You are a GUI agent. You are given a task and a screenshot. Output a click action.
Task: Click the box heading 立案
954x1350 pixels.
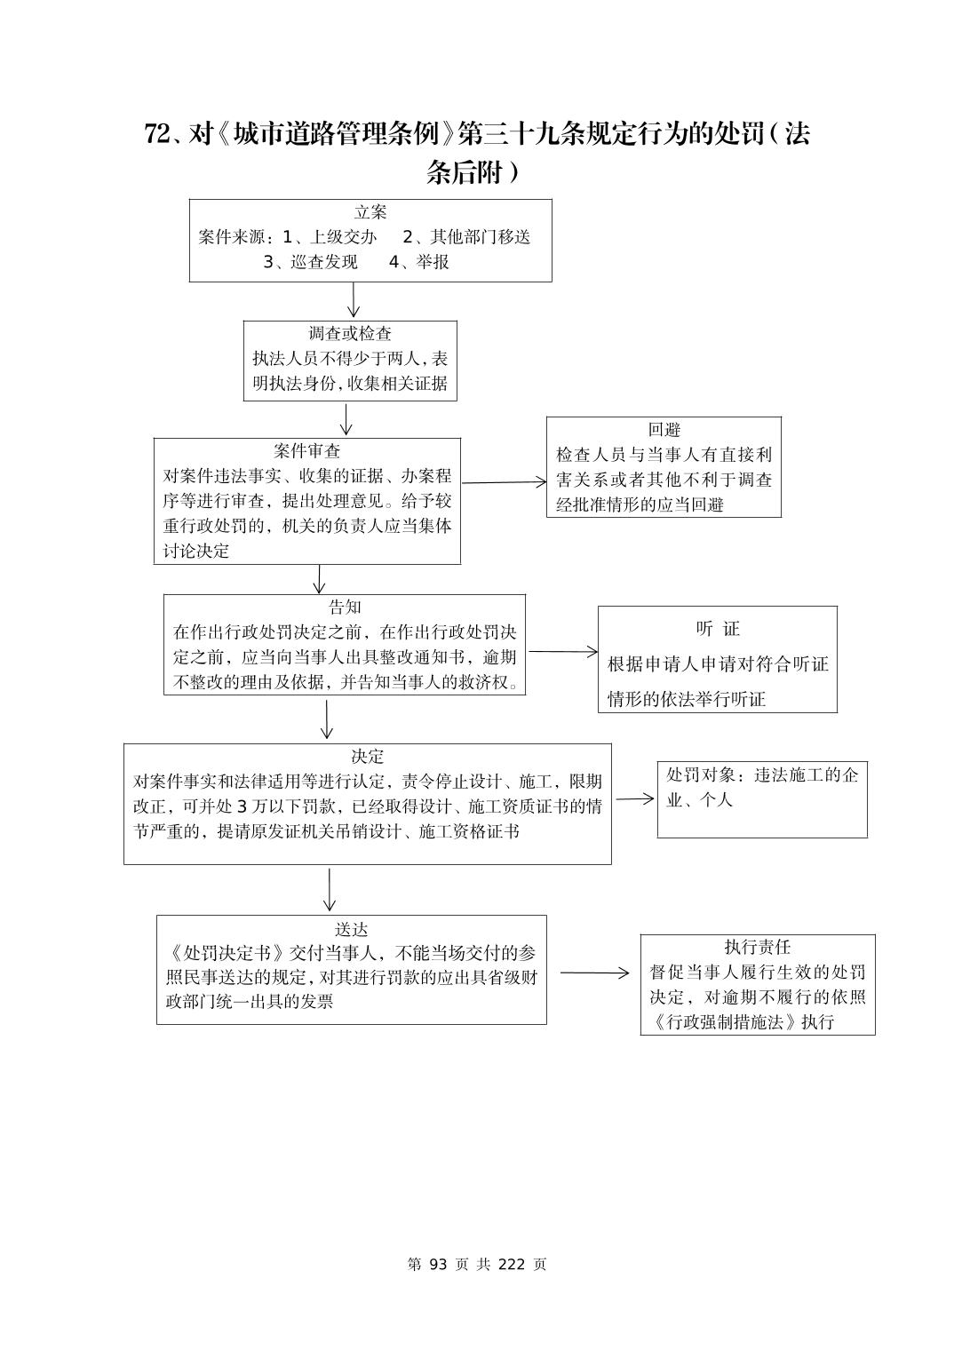click(370, 212)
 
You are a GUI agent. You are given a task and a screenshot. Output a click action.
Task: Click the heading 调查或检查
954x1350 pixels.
click(350, 334)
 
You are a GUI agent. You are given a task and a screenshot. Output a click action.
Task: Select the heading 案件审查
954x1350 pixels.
click(307, 451)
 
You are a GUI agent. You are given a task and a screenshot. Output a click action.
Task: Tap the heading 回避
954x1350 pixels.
click(664, 430)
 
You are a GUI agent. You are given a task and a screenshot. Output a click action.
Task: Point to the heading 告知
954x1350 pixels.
click(345, 607)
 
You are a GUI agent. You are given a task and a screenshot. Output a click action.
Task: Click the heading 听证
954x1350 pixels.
click(718, 629)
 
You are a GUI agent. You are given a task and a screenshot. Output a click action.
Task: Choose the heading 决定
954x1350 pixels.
click(367, 756)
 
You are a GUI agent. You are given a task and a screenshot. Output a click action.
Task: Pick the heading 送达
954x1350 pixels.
click(351, 929)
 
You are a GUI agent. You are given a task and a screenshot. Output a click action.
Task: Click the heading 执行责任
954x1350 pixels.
click(757, 947)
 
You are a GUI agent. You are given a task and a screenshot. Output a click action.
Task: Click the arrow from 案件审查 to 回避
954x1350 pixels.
click(504, 482)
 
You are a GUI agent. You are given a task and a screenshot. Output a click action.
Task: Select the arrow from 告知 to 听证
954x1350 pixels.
click(563, 651)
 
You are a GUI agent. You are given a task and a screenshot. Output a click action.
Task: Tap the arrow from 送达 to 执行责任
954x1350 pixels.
click(593, 973)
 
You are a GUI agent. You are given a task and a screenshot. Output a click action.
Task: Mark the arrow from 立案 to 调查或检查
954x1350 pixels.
click(354, 300)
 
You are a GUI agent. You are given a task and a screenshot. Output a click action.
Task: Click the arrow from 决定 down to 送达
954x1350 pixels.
click(330, 889)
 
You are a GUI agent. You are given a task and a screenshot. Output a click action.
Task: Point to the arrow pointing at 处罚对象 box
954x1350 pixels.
click(634, 798)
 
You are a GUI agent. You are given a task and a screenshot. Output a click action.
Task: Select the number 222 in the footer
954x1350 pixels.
click(512, 1264)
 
